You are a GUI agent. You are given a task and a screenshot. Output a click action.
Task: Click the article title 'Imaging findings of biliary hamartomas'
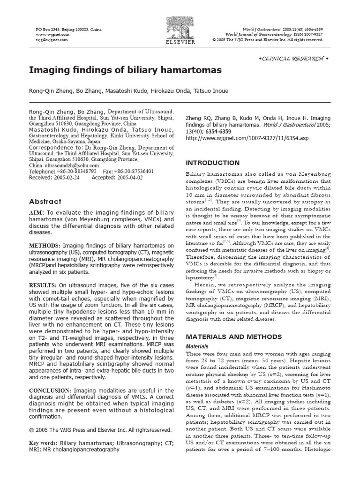125,70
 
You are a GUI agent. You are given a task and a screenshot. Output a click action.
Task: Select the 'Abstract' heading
45,201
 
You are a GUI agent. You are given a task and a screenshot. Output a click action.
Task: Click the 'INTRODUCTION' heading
206,163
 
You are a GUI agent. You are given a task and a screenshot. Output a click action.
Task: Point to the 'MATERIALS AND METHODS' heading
234,337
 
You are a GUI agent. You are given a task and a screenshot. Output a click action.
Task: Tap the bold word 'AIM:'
37,213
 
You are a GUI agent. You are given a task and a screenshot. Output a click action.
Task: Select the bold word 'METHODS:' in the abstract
45,245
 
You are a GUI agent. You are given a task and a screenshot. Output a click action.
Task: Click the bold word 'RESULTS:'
43,285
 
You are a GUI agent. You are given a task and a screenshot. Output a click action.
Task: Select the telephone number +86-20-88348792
76,172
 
